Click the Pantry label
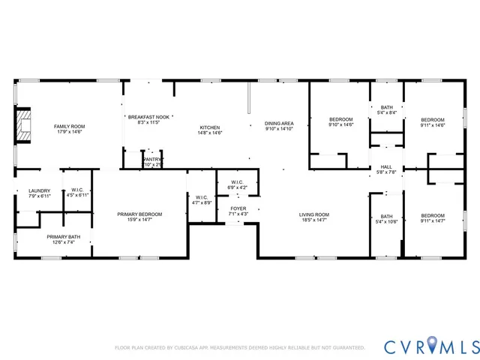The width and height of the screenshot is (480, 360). coord(152,161)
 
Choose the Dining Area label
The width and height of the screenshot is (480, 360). coord(279,125)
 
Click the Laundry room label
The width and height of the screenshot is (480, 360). coord(40,193)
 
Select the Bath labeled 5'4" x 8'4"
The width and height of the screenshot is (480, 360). coord(386,110)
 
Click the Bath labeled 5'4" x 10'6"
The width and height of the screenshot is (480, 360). coord(386,219)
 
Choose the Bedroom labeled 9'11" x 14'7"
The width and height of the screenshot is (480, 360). coord(432,218)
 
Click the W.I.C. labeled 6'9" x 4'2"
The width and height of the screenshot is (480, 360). coord(237,184)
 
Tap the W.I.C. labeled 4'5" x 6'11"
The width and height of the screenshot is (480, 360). coord(78,193)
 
